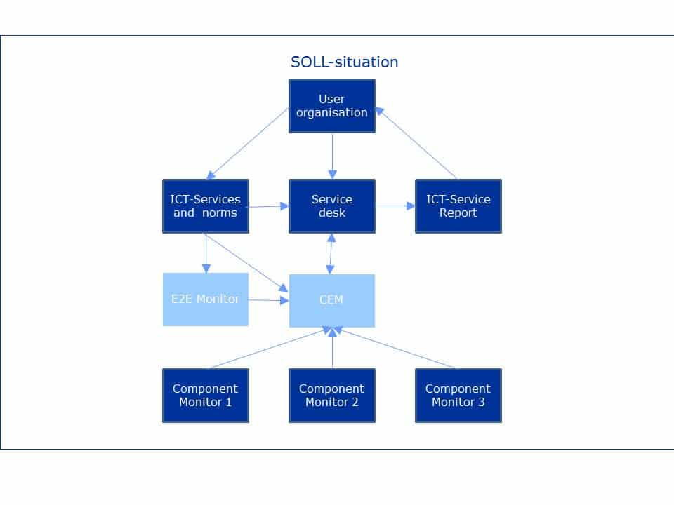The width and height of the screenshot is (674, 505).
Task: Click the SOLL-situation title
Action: click(344, 62)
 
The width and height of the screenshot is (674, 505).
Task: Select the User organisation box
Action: click(332, 105)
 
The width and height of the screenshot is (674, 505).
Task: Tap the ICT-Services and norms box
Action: click(206, 206)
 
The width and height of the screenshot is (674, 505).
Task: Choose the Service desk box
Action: click(332, 206)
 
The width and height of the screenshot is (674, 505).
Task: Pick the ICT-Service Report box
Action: click(458, 206)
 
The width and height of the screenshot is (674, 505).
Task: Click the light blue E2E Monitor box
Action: click(206, 299)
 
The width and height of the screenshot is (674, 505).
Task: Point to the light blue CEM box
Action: click(332, 300)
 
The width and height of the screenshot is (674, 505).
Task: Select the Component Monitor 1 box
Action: click(206, 396)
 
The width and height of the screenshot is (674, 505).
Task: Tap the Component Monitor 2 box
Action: click(332, 396)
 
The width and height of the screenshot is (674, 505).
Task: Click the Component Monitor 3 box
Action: click(458, 396)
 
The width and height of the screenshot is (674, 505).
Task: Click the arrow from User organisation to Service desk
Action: click(332, 156)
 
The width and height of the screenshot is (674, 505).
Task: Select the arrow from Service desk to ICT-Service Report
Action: click(395, 206)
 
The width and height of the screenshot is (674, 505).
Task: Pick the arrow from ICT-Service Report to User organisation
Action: click(417, 143)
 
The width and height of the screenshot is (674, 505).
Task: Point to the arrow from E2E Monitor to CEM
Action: click(269, 300)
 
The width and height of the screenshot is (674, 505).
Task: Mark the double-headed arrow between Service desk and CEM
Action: click(331, 253)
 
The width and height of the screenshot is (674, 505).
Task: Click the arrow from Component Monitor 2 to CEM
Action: click(332, 348)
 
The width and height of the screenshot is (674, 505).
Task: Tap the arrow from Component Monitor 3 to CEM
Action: click(397, 349)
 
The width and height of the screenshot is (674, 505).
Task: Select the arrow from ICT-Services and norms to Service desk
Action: click(269, 206)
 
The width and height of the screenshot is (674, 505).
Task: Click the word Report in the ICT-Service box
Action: click(458, 213)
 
